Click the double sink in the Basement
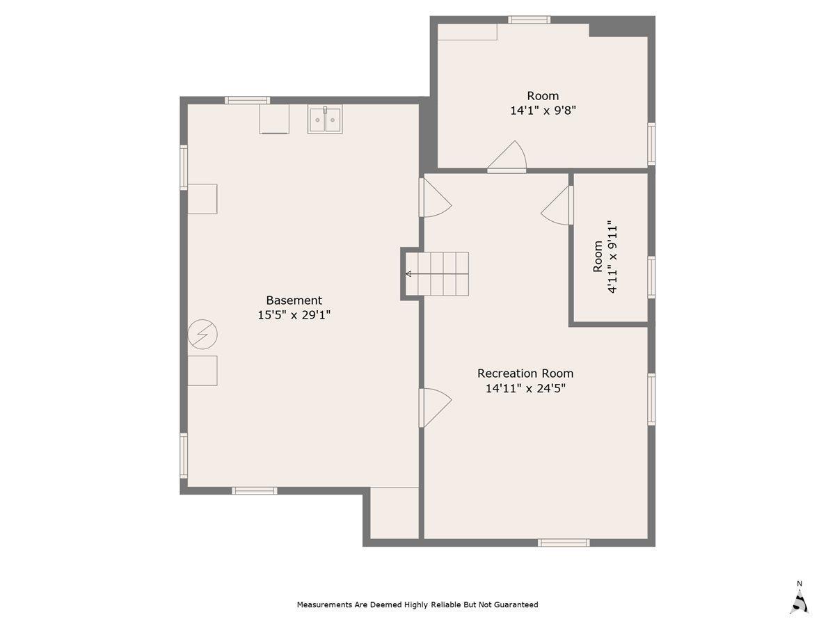325,120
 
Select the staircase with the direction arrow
438,274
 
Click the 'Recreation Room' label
525,374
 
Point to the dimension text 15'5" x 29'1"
294,315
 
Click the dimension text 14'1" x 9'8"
543,110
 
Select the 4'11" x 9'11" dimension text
612,258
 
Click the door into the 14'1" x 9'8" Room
508,159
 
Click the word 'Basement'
294,300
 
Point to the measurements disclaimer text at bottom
417,604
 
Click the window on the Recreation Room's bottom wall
564,543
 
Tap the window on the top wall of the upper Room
529,19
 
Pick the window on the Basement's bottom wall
254,491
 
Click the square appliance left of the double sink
274,119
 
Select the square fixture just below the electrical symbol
202,370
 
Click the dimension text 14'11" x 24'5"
525,389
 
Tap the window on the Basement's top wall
247,100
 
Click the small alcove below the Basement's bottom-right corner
394,513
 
